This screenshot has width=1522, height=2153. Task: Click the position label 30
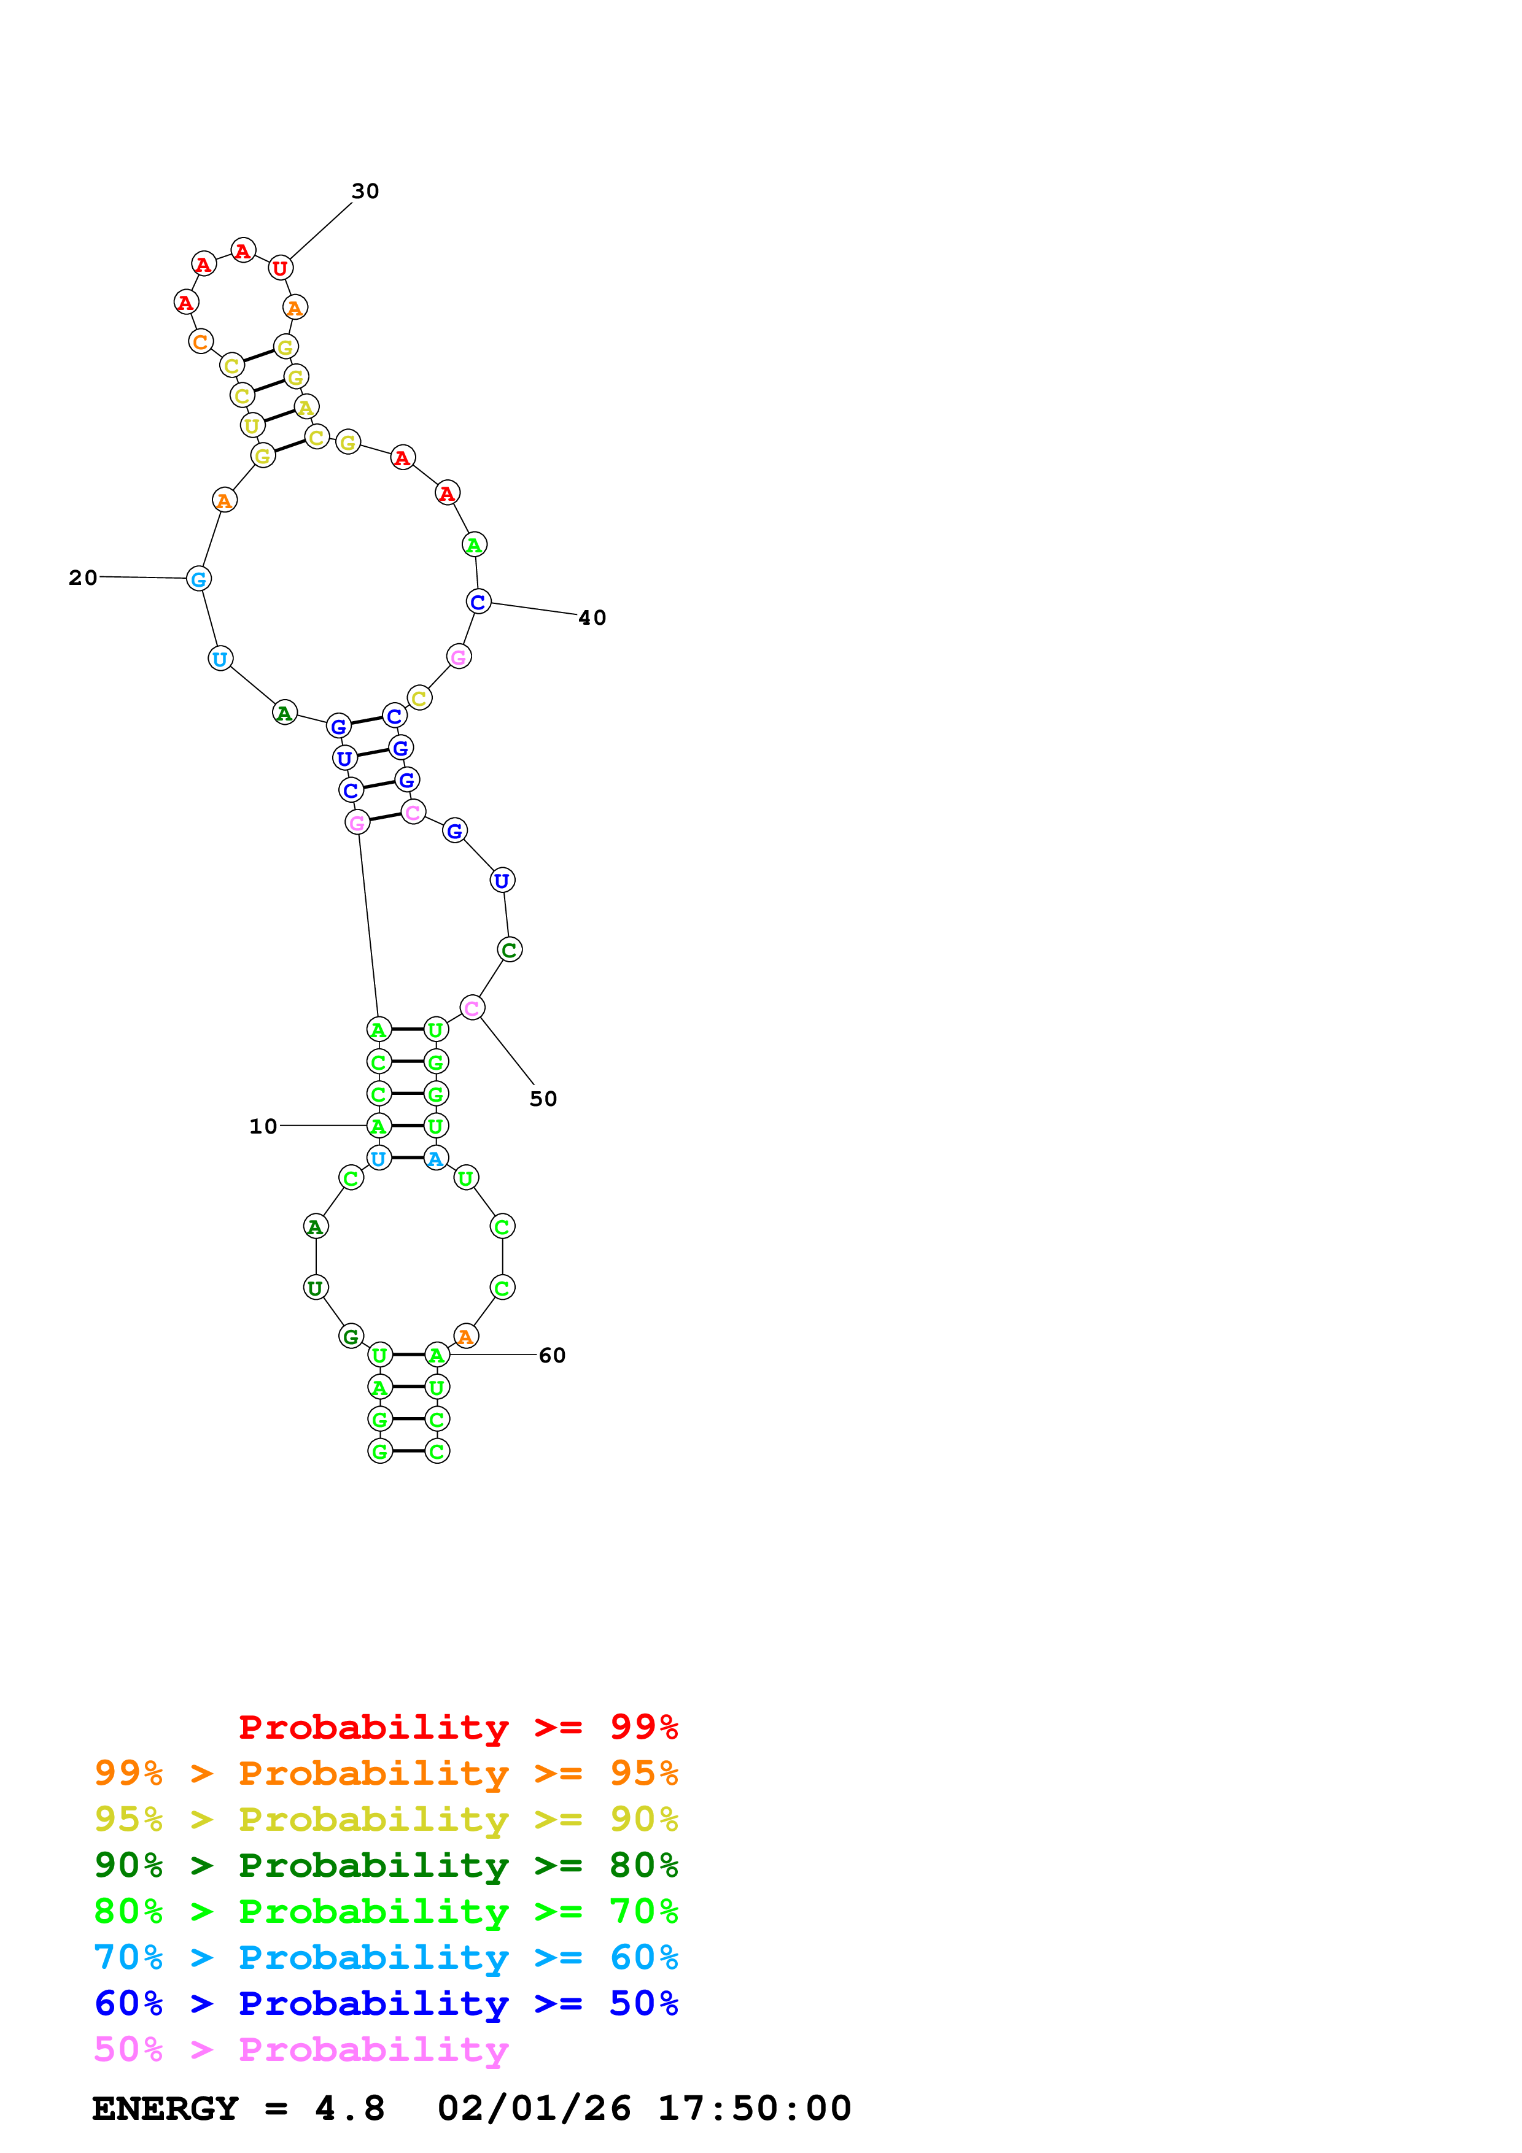coord(365,191)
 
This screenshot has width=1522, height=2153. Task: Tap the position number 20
coord(82,578)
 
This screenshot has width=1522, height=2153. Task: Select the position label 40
coord(592,618)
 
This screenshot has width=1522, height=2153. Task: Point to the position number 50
coord(543,1099)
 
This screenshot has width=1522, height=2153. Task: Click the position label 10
coord(263,1126)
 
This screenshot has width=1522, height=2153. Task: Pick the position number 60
coord(551,1355)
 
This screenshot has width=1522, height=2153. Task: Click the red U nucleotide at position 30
coord(279,268)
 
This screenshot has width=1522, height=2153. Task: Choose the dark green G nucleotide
coord(351,1336)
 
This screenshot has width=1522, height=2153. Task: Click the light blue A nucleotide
coord(436,1159)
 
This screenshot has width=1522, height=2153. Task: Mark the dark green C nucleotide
coord(509,950)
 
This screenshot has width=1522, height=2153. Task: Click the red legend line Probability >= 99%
coord(457,1726)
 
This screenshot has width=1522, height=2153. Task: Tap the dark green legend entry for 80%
coord(386,1865)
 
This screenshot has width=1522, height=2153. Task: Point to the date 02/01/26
coord(534,2109)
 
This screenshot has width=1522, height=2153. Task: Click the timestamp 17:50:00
coord(754,2109)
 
